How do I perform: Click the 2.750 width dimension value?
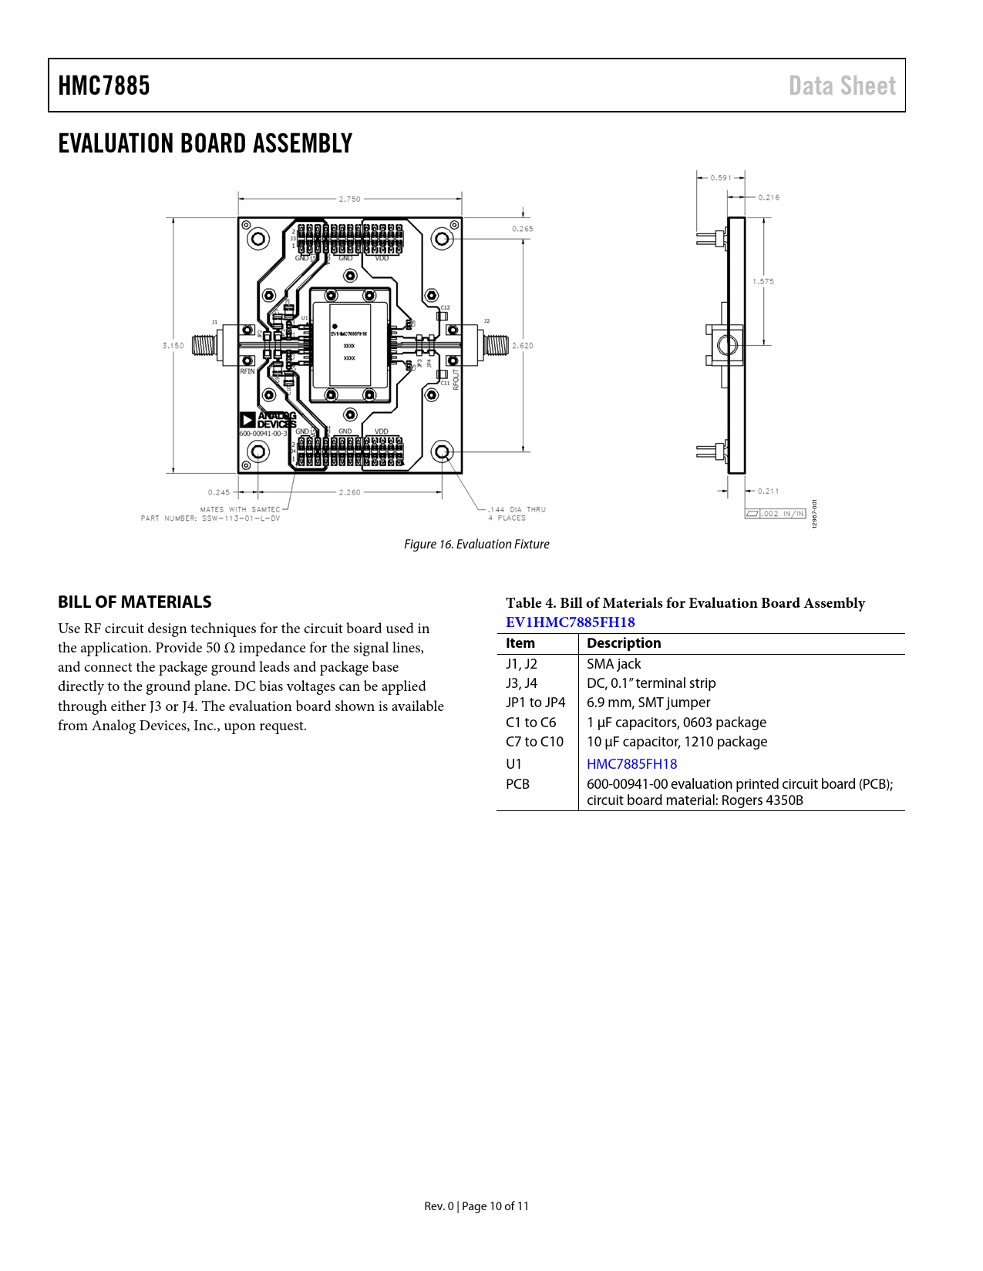(x=349, y=199)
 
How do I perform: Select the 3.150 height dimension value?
(x=173, y=346)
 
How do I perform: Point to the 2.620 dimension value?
(x=523, y=346)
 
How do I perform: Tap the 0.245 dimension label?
(x=218, y=492)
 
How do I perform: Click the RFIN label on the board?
(x=247, y=371)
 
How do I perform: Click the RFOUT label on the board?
(x=456, y=380)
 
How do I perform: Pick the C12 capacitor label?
(x=445, y=307)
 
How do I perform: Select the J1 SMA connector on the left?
(x=205, y=345)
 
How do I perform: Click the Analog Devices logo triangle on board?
(x=247, y=420)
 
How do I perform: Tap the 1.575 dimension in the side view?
(x=763, y=281)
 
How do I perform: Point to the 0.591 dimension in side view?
(x=721, y=178)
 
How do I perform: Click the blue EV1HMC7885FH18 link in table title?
(x=570, y=622)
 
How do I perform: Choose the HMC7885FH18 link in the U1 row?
(x=631, y=764)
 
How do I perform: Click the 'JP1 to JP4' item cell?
(x=535, y=703)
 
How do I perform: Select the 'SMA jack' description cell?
(x=614, y=664)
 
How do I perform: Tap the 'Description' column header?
(x=624, y=643)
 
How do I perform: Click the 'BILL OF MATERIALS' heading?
(x=134, y=602)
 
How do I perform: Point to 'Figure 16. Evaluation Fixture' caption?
(x=476, y=545)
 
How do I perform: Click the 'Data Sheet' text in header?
(x=842, y=86)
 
